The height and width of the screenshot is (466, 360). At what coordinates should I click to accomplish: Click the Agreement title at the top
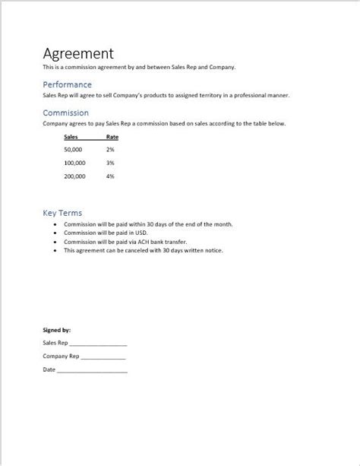(78, 53)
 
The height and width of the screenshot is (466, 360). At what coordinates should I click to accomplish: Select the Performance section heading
(68, 84)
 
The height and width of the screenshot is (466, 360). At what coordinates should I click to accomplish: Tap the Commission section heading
(66, 113)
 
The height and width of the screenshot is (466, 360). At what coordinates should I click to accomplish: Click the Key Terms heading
(62, 213)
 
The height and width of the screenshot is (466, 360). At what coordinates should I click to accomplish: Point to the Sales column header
(71, 138)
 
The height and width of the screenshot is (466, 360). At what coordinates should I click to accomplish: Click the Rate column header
(112, 138)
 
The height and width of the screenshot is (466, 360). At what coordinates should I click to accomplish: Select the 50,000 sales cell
(74, 150)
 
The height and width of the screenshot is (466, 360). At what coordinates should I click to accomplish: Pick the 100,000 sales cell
(74, 163)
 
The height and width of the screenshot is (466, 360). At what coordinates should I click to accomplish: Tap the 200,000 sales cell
(74, 176)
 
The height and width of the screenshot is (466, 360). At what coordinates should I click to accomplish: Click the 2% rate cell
(110, 150)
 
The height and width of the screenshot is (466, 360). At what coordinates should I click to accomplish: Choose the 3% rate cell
(110, 163)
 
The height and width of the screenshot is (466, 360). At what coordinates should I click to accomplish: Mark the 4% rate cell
(110, 176)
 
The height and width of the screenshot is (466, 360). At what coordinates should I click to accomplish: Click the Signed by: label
(57, 330)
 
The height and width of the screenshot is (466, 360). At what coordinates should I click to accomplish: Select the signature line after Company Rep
(103, 357)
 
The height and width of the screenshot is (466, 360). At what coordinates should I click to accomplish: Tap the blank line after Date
(92, 370)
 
